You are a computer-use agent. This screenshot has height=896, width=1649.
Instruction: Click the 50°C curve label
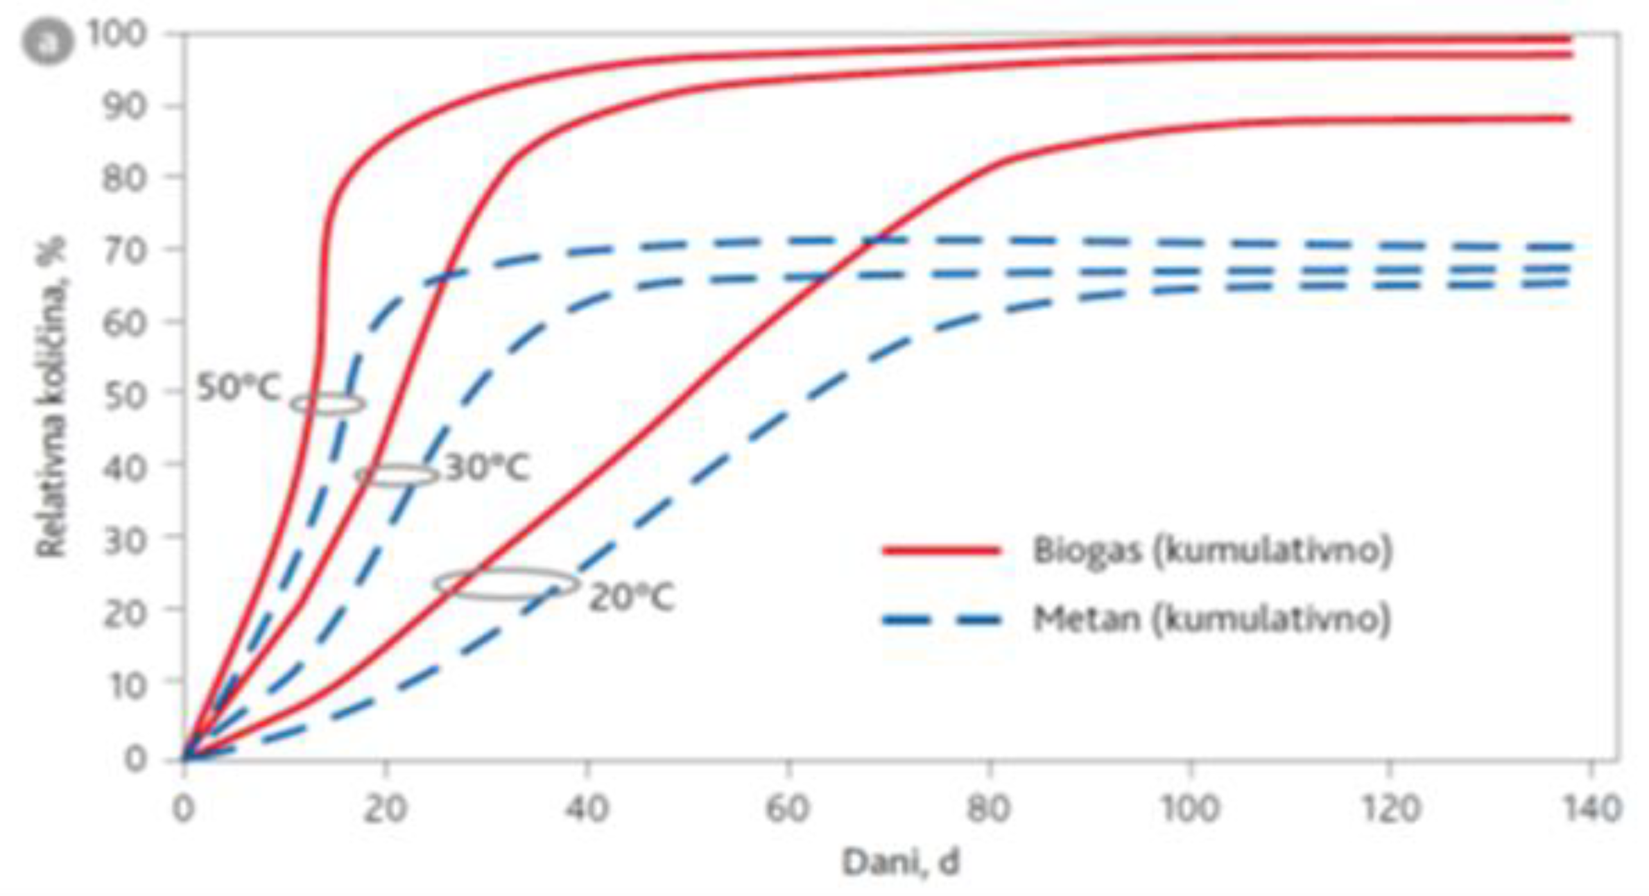coord(239,388)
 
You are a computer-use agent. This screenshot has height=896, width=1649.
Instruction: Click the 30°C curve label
coord(487,468)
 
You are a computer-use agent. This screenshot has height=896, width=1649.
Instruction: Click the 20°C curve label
coord(631,598)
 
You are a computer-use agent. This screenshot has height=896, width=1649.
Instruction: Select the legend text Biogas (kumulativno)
coord(1211,551)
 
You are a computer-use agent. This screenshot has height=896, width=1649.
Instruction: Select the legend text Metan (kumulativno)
coord(1211,619)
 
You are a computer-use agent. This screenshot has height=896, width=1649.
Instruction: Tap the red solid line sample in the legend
coord(942,551)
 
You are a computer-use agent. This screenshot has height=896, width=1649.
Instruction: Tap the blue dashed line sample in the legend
coord(942,619)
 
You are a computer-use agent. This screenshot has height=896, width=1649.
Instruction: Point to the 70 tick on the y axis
coord(125,249)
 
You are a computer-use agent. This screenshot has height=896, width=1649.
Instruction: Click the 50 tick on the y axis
coord(125,395)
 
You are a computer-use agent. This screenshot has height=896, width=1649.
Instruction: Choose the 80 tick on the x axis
coord(989,809)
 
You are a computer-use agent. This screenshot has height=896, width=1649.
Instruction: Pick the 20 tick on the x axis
coord(385,809)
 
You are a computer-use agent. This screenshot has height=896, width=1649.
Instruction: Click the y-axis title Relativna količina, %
coord(51,397)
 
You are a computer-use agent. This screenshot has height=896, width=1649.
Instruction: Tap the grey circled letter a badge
coord(47,42)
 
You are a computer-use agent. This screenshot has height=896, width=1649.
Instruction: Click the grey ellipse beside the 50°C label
coord(327,404)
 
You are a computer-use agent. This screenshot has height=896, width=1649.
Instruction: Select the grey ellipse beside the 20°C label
coord(507,584)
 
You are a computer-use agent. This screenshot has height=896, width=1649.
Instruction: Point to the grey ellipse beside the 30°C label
coord(397,475)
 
